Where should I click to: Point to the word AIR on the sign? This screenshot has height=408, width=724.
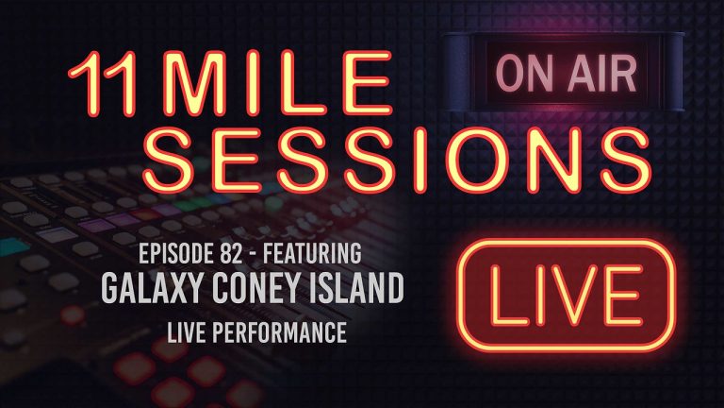(x=592, y=72)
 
